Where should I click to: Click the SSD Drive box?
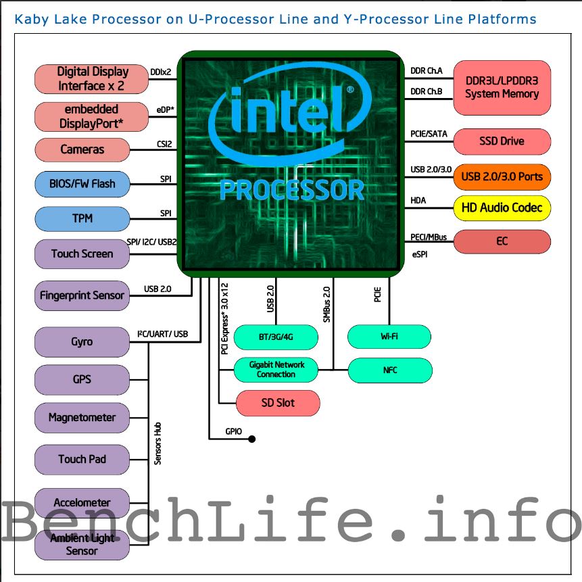(x=502, y=142)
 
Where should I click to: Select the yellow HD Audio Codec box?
(x=502, y=208)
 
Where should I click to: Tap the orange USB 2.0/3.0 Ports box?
(x=502, y=177)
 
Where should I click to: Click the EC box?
(x=502, y=241)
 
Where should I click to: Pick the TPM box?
(x=82, y=219)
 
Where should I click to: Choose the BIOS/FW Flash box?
(x=82, y=184)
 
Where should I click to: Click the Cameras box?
(x=82, y=149)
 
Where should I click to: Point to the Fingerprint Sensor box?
(x=82, y=295)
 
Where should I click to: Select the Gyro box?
(x=82, y=342)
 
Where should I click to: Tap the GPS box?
(x=82, y=379)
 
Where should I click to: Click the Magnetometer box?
(x=82, y=418)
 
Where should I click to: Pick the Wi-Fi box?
(x=389, y=336)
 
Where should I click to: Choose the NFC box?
(x=389, y=370)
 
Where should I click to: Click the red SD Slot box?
(x=277, y=403)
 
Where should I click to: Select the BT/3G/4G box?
(x=276, y=336)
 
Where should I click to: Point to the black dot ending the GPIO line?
(x=252, y=439)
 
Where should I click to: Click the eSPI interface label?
(x=419, y=255)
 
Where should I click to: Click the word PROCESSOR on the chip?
(x=292, y=190)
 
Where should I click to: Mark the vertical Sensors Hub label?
(x=158, y=443)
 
